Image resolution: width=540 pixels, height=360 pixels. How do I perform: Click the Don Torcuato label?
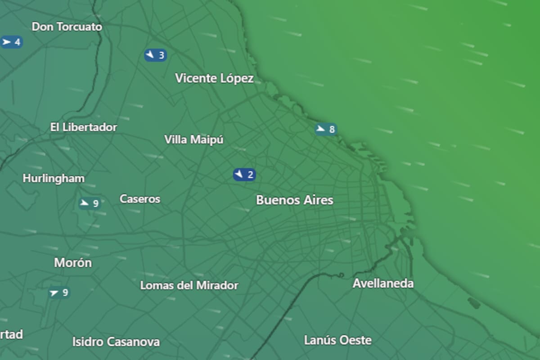click(x=67, y=27)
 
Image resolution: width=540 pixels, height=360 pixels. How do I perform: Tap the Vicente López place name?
click(x=214, y=79)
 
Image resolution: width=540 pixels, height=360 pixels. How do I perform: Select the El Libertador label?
click(x=84, y=127)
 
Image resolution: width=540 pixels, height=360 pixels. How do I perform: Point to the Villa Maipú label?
click(x=194, y=140)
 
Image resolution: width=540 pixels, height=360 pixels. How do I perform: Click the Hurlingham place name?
click(x=54, y=179)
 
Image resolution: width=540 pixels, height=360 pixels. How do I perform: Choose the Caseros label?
click(x=140, y=199)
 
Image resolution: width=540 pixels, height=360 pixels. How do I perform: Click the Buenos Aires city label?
click(x=295, y=200)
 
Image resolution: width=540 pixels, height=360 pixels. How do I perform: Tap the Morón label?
click(x=73, y=263)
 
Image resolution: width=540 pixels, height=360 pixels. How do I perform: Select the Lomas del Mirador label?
click(x=189, y=285)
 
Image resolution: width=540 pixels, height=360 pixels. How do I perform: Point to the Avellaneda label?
click(x=383, y=283)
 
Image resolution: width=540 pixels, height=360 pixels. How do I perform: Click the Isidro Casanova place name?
click(x=116, y=342)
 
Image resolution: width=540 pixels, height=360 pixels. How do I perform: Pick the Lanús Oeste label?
click(x=338, y=340)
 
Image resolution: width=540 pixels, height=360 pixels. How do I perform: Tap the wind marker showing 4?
click(x=11, y=42)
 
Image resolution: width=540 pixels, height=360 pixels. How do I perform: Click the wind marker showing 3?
click(x=155, y=55)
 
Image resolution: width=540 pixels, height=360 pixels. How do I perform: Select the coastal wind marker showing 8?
click(x=326, y=130)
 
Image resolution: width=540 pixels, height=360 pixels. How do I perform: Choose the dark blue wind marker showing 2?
click(x=244, y=175)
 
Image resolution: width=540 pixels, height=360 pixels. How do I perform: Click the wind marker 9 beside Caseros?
click(x=89, y=203)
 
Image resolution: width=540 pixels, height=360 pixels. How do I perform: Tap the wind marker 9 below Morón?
click(x=59, y=293)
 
